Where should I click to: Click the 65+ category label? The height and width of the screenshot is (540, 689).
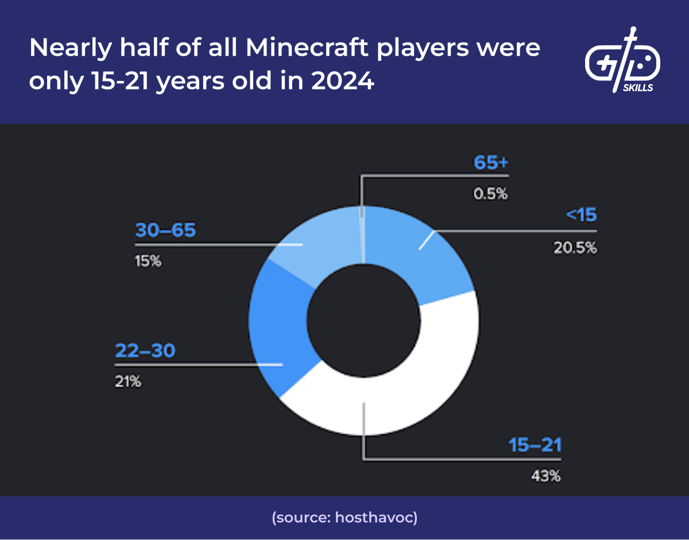[491, 163]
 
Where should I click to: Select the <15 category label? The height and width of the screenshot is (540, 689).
[581, 216]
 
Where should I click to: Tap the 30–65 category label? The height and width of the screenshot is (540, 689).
[165, 231]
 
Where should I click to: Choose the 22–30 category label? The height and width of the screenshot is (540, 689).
[145, 351]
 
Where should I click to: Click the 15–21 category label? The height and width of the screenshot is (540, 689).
[535, 445]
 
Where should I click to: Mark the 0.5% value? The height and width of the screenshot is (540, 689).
[490, 194]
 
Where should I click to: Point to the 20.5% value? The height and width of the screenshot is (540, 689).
[575, 248]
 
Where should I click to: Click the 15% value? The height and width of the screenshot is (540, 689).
[148, 262]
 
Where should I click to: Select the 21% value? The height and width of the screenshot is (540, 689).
[127, 381]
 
